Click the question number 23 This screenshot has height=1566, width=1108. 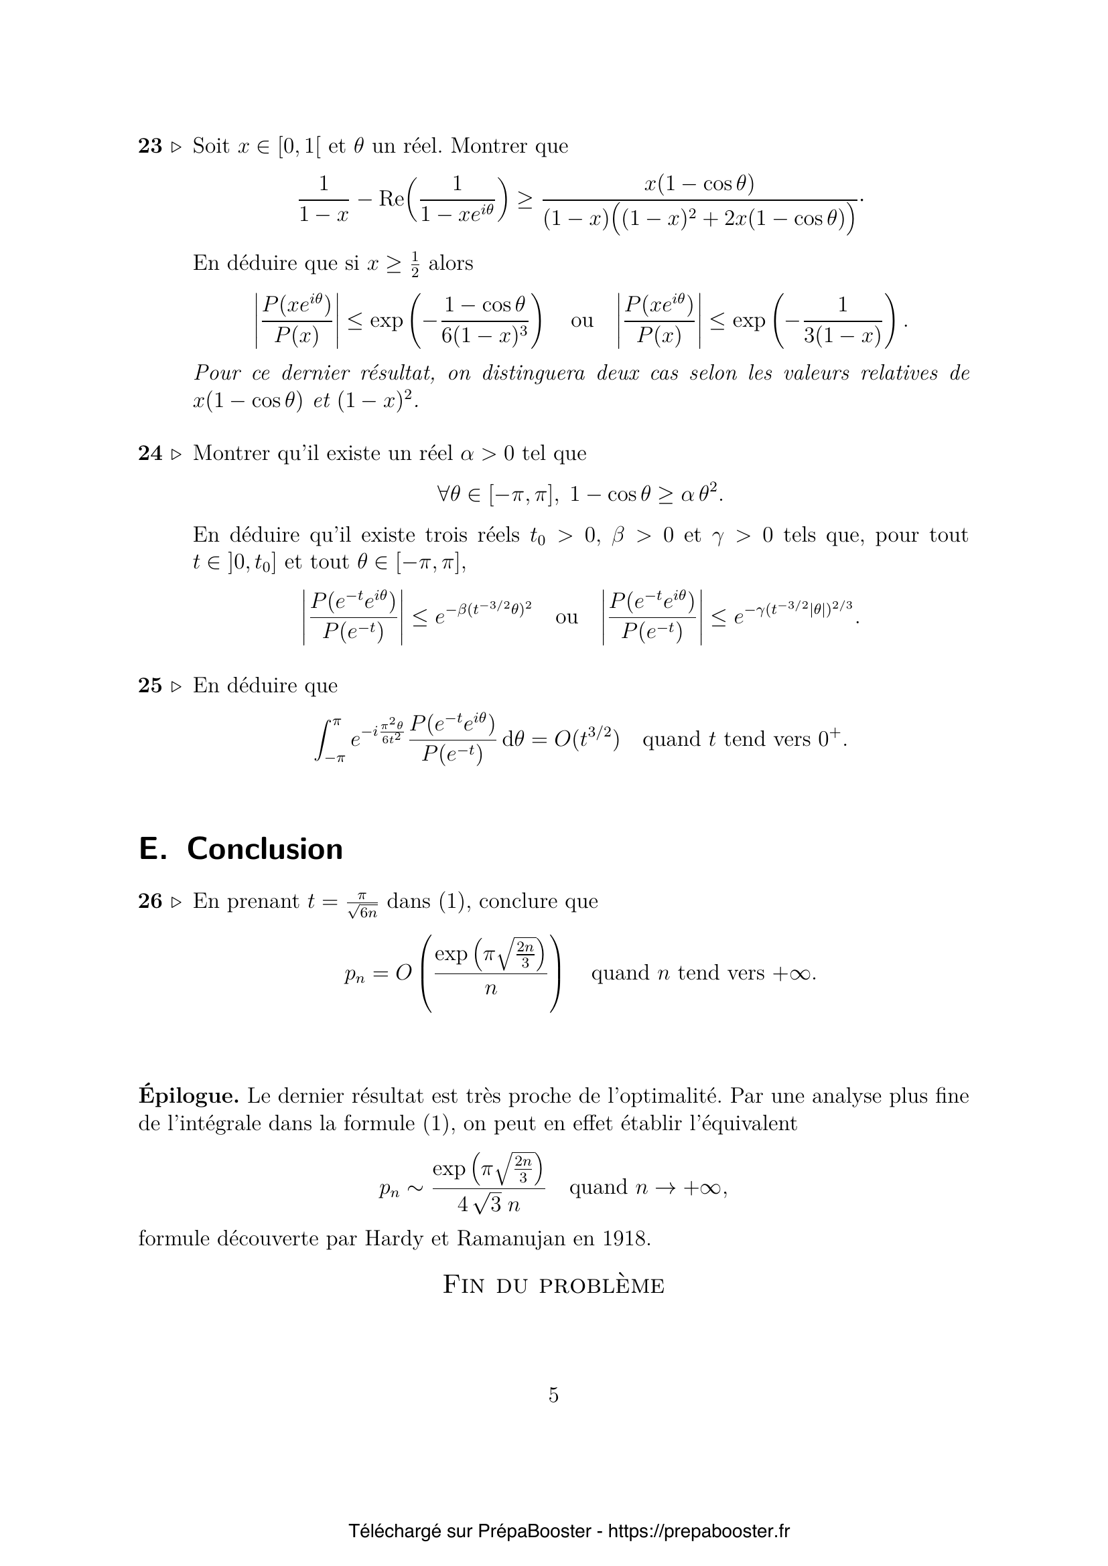point(150,146)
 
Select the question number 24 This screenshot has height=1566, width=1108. point(150,453)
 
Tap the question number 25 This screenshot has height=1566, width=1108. point(150,686)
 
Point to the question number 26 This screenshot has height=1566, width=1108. point(150,902)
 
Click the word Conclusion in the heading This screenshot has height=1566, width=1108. point(265,849)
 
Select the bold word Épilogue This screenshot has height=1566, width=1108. point(188,1096)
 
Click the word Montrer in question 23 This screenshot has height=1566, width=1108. point(487,146)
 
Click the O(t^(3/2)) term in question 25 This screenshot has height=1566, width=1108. point(587,739)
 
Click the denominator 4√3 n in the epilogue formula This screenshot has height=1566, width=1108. point(488,1205)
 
